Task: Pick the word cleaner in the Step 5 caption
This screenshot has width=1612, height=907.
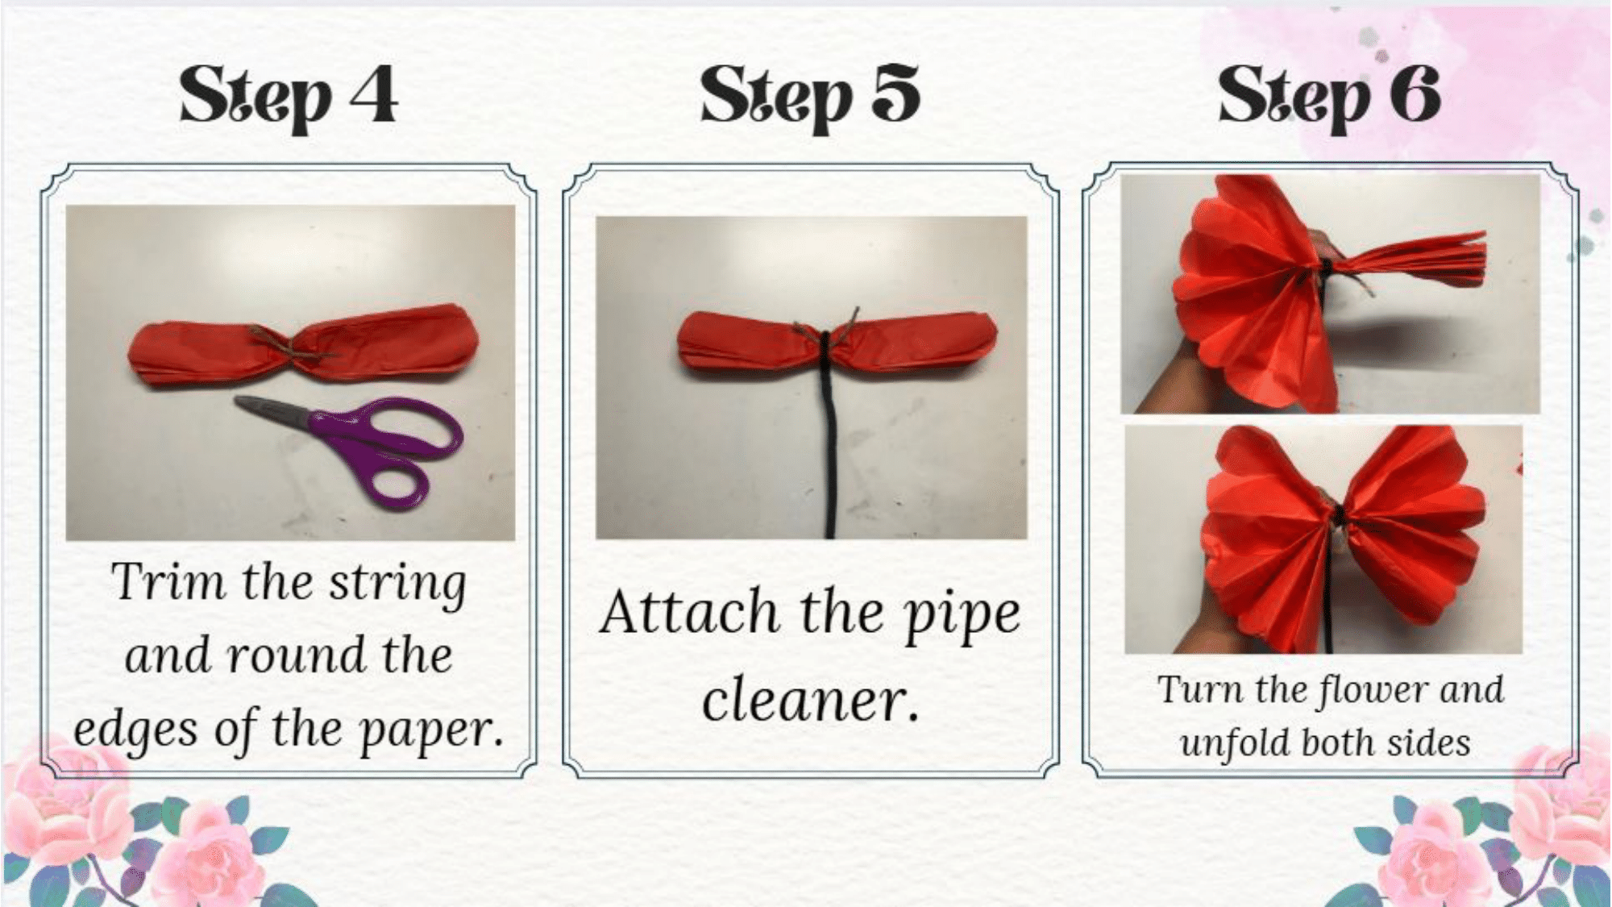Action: (810, 700)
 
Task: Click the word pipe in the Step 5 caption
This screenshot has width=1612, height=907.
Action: (962, 617)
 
